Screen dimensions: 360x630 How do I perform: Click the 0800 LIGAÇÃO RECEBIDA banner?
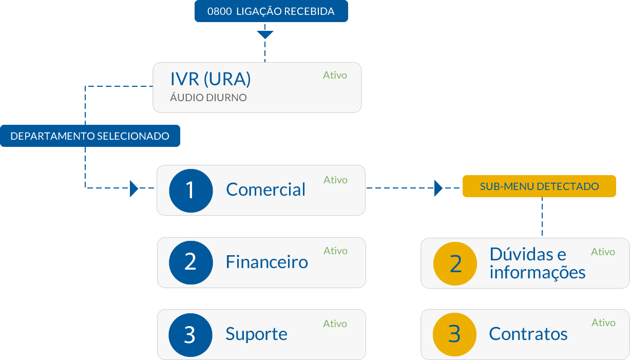[271, 11]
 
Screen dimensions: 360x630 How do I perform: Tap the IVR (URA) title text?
[211, 79]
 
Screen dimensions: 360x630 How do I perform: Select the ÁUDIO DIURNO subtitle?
[208, 97]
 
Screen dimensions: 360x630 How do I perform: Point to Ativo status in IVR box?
[335, 75]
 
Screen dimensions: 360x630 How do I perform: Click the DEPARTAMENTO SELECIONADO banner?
[90, 136]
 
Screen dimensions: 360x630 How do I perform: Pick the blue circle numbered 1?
[190, 190]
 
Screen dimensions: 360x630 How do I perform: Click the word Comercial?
[265, 190]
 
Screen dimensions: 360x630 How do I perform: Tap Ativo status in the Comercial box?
[335, 180]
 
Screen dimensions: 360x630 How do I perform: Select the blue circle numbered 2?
[190, 262]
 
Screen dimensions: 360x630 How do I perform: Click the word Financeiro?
[266, 262]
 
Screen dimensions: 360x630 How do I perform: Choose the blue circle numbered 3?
[190, 335]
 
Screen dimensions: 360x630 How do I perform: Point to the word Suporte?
[256, 334]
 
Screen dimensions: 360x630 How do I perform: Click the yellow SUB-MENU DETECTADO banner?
[539, 186]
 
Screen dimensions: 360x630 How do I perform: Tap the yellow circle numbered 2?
[455, 263]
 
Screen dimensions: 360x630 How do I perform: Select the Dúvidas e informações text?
[537, 263]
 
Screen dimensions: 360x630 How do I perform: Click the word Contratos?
[528, 334]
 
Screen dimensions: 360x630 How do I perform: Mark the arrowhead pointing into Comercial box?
[134, 188]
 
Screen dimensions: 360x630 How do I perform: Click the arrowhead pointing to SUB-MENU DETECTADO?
[438, 188]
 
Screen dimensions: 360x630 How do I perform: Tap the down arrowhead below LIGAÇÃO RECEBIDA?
[265, 34]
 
